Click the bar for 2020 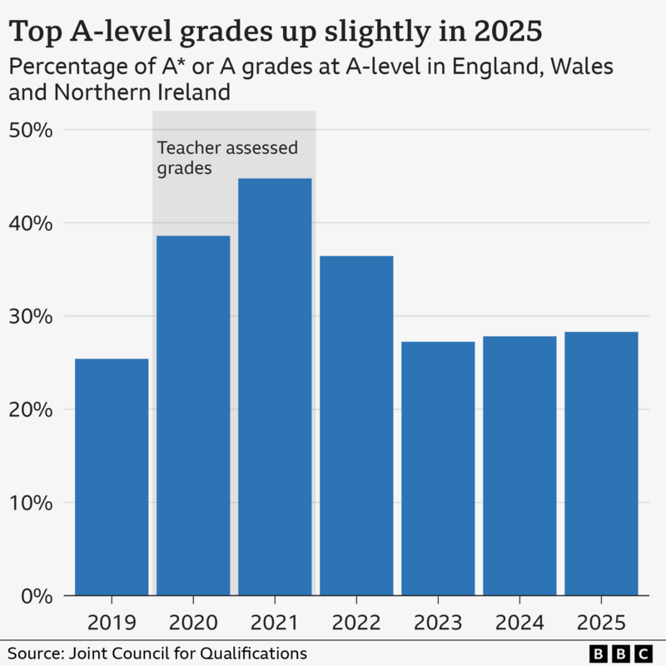[193, 415]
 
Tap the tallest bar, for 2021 [275, 387]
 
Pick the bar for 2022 [356, 425]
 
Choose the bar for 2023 [438, 469]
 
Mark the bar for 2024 [519, 466]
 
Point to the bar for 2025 [601, 464]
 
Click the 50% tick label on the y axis [32, 131]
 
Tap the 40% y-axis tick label [32, 224]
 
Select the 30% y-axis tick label [32, 317]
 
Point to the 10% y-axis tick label [32, 504]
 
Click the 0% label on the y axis [37, 596]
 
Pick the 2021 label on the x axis [275, 622]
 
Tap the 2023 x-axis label [438, 622]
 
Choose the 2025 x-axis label [601, 622]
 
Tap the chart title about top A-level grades [275, 32]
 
